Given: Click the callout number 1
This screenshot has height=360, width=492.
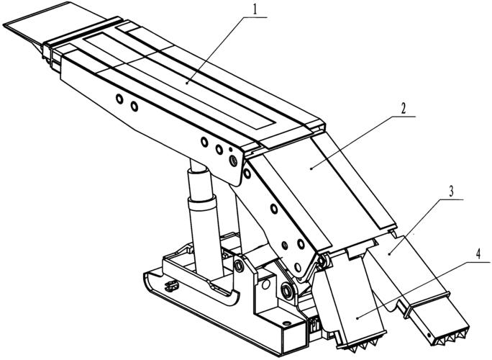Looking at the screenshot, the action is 255,10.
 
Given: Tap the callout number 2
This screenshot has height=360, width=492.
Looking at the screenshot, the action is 404,109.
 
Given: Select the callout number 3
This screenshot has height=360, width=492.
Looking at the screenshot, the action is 451,192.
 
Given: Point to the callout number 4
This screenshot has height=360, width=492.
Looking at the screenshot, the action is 478,254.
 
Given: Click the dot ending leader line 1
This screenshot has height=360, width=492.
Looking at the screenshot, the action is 187,83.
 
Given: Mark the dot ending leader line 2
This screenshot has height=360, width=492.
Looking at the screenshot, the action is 311,168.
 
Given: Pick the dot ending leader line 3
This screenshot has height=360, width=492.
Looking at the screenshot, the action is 389,253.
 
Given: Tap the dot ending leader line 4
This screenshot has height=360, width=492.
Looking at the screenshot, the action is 358,318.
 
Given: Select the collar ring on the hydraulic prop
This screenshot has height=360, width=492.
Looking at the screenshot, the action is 202,204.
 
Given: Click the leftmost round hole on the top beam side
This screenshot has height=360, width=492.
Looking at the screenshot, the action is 119,99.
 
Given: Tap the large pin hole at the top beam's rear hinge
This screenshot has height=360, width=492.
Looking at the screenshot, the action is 233,161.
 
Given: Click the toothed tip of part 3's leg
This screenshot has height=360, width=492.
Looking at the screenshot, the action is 451,338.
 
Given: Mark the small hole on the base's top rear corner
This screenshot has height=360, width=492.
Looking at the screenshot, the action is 286,323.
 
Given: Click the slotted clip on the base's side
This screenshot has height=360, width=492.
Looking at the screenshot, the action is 172,286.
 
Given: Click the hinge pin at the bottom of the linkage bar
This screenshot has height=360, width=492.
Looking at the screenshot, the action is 287,291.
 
